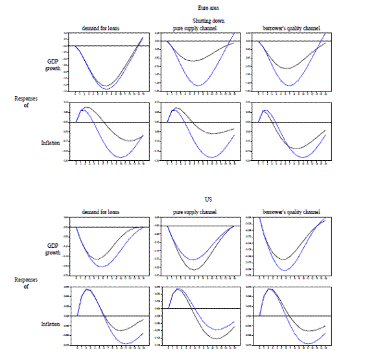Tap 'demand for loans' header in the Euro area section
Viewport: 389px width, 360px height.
pyautogui.click(x=100, y=28)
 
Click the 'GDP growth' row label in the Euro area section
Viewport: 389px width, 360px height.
pyautogui.click(x=53, y=64)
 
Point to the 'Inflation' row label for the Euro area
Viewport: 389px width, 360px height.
pyautogui.click(x=52, y=138)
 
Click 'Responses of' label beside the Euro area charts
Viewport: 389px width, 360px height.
pyautogui.click(x=22, y=101)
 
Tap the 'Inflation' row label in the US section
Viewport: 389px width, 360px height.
pyautogui.click(x=52, y=322)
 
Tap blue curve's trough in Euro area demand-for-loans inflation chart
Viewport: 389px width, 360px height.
pyautogui.click(x=122, y=158)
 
